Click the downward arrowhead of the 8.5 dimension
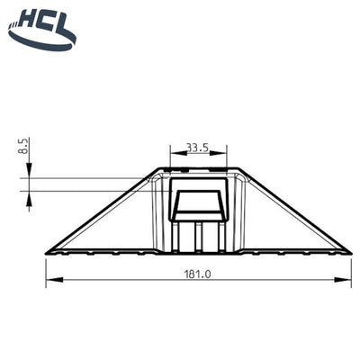(29, 171)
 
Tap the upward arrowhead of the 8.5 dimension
(29, 196)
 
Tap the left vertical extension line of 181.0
(45, 268)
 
